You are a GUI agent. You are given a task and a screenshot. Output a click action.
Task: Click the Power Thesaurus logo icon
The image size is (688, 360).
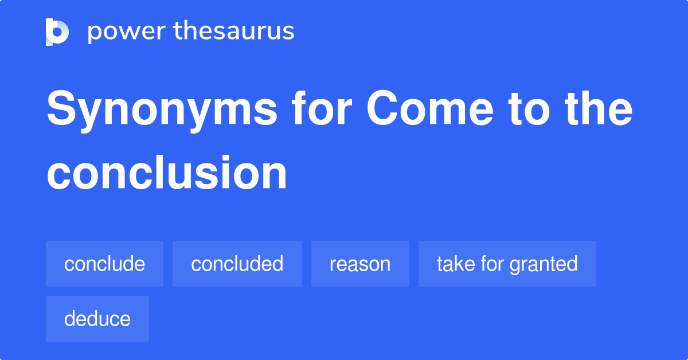coord(57,32)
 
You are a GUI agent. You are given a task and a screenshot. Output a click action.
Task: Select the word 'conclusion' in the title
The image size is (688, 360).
coord(167,173)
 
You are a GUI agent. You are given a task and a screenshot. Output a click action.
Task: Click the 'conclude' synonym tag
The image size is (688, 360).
coord(104,264)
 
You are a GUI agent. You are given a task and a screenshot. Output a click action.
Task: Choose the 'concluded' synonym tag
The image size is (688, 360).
coord(237,264)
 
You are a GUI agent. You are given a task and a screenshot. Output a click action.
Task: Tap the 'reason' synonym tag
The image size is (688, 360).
coord(360,264)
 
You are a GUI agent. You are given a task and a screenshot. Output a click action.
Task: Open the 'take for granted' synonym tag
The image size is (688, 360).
coord(507,264)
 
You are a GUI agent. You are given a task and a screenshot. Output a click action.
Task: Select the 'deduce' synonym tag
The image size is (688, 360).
coord(97,319)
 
